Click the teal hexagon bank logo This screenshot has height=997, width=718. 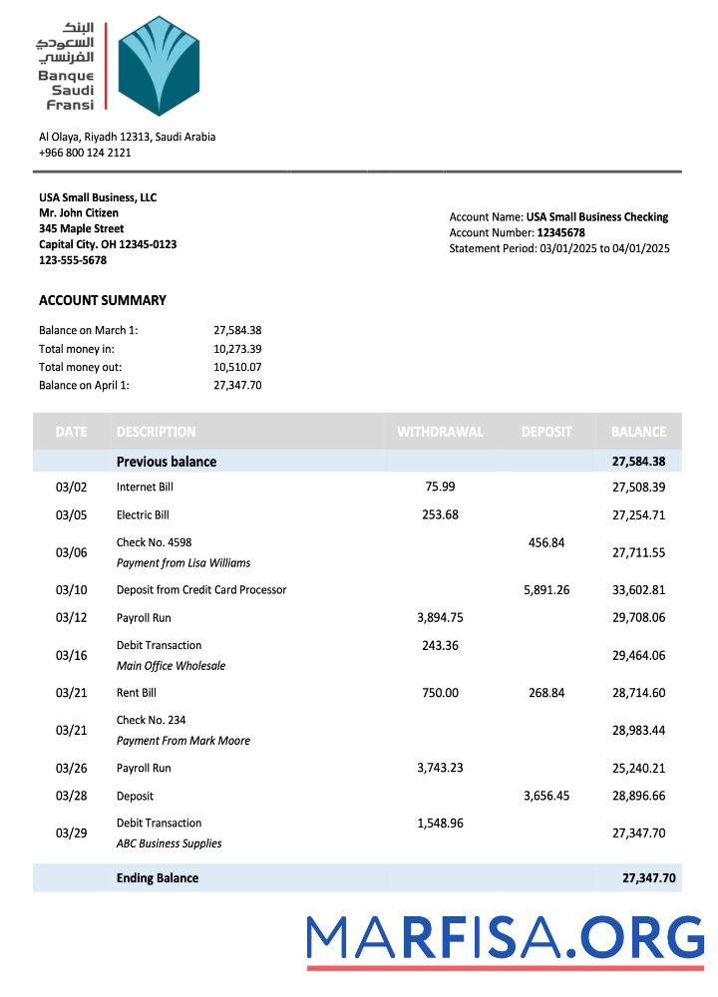(159, 66)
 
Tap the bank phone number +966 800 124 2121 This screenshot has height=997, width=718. (85, 153)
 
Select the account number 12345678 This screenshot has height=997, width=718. (560, 232)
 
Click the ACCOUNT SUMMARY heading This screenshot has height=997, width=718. (103, 300)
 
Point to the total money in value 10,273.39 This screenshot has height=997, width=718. (237, 349)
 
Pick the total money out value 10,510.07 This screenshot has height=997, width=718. (237, 367)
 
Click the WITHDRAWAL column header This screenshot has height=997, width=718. (440, 432)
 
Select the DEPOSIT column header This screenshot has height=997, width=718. (546, 432)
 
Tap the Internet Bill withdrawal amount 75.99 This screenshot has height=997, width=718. (440, 487)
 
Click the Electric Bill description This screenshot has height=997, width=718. (143, 515)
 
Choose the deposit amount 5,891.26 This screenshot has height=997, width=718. (546, 590)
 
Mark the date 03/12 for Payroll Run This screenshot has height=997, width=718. (72, 618)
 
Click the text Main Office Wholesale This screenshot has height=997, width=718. (171, 666)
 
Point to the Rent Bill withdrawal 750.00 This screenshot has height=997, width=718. (440, 693)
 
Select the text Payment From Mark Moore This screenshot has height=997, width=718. (183, 741)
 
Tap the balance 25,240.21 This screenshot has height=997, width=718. (638, 769)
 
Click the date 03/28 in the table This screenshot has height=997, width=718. (72, 797)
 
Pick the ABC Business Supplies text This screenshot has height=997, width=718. (169, 843)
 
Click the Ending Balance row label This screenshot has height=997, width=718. (158, 878)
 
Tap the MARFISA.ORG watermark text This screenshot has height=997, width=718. (506, 938)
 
